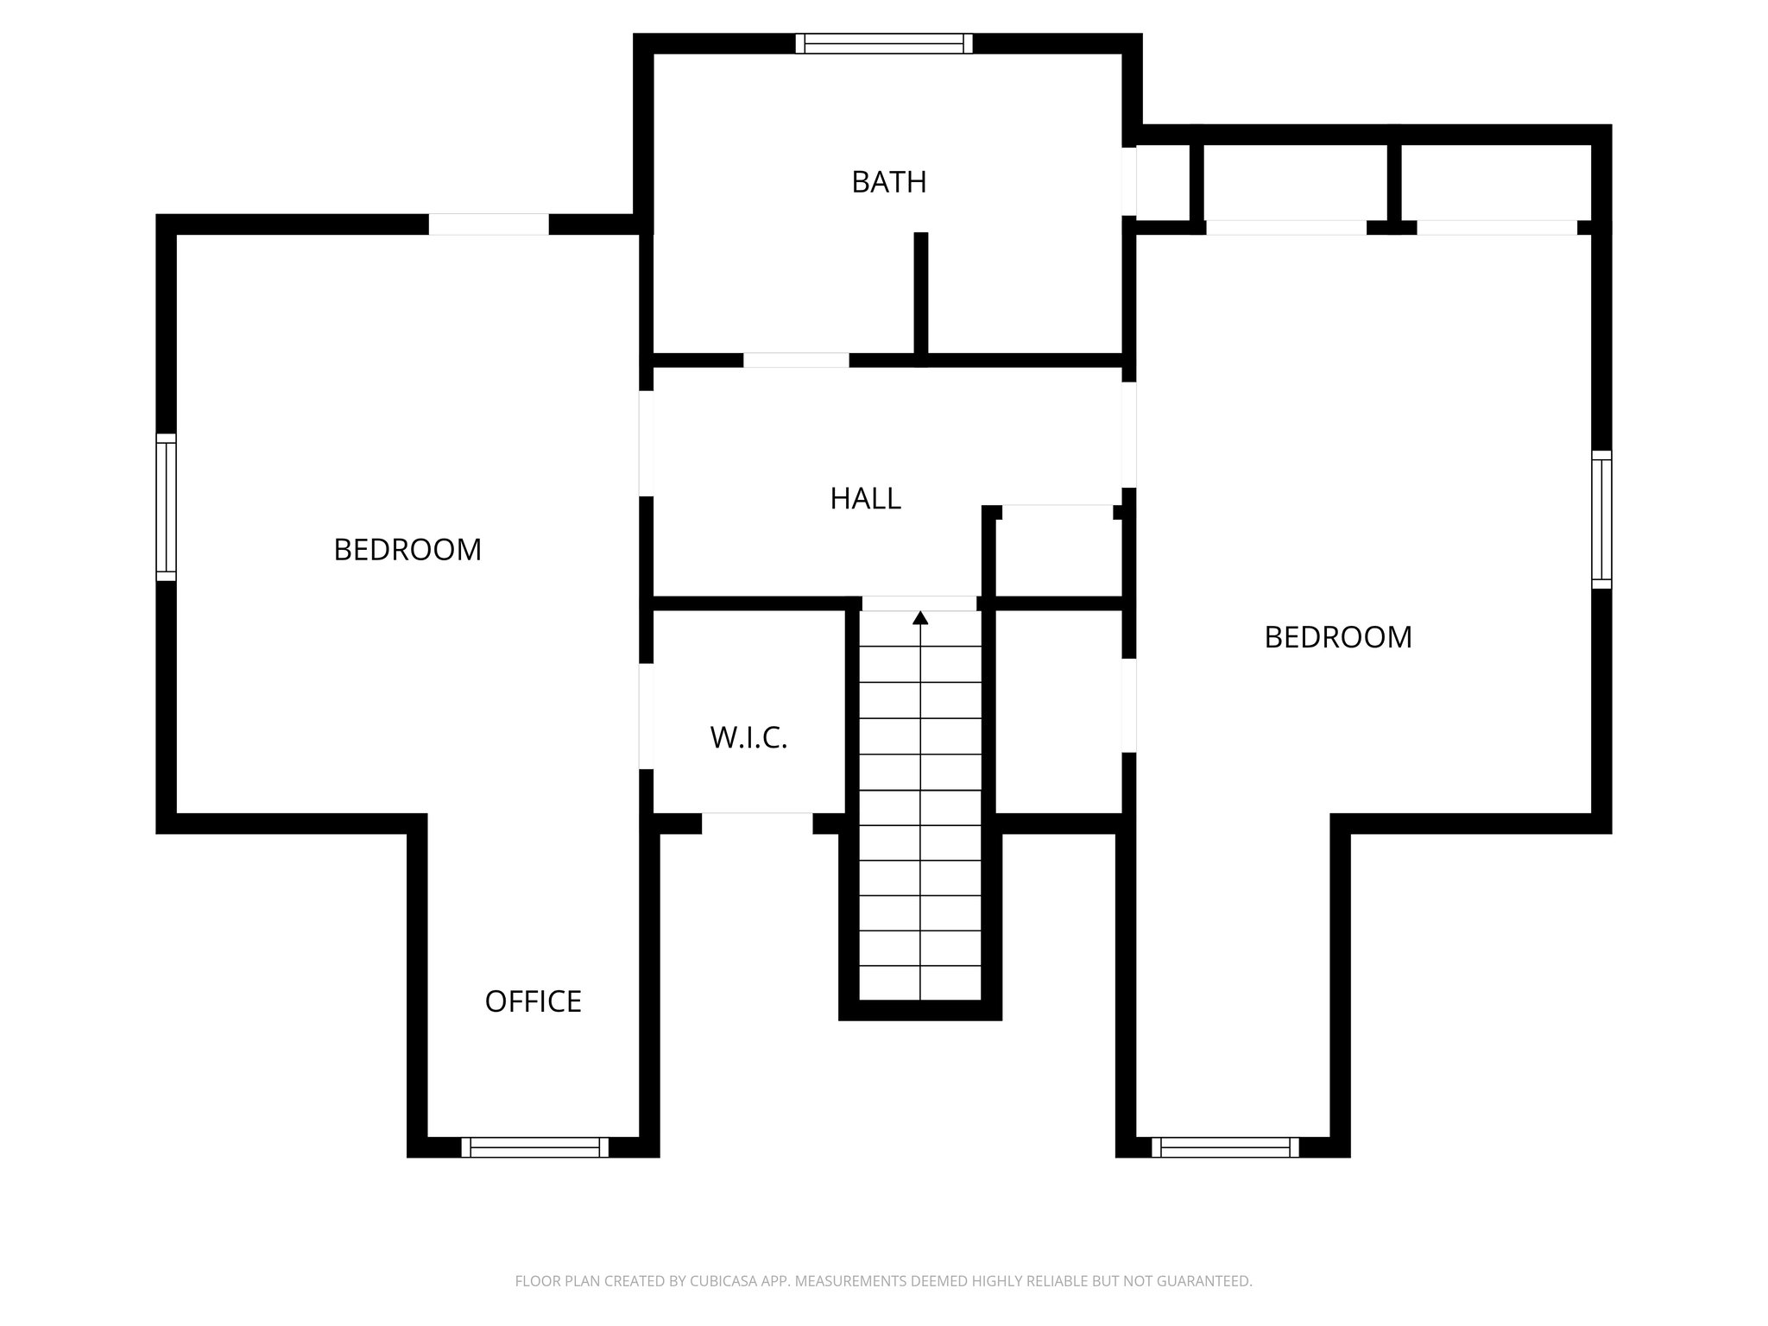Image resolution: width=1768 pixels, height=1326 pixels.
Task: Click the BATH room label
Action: pyautogui.click(x=888, y=182)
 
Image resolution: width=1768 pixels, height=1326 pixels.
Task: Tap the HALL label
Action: pyautogui.click(x=865, y=498)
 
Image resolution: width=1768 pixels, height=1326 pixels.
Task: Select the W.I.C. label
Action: pyautogui.click(x=748, y=737)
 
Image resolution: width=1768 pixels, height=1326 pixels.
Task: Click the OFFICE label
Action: pyautogui.click(x=533, y=1001)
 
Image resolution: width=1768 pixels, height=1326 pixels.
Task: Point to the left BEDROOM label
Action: pyautogui.click(x=407, y=549)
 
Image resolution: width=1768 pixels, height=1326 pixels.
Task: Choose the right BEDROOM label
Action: pyautogui.click(x=1337, y=637)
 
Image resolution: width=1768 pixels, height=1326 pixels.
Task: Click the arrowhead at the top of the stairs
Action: pyautogui.click(x=920, y=617)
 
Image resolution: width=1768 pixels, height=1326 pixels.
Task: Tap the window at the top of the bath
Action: pyautogui.click(x=884, y=43)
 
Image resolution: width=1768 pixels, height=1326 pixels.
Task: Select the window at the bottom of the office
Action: pyautogui.click(x=534, y=1147)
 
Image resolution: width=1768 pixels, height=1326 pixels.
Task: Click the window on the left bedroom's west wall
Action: pyautogui.click(x=166, y=507)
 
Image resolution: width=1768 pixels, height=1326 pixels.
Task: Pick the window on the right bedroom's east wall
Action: pyautogui.click(x=1601, y=519)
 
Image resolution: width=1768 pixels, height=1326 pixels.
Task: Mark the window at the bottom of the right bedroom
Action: pyautogui.click(x=1225, y=1147)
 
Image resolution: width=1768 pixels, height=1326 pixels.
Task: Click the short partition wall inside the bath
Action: pyautogui.click(x=921, y=294)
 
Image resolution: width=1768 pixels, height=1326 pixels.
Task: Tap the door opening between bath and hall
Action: pyautogui.click(x=796, y=360)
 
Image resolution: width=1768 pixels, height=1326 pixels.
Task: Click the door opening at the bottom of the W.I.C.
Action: pyautogui.click(x=757, y=823)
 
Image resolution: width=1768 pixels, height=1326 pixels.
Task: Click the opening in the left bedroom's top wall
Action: pyautogui.click(x=489, y=224)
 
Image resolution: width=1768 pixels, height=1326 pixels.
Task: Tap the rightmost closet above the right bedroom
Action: pyautogui.click(x=1495, y=181)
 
